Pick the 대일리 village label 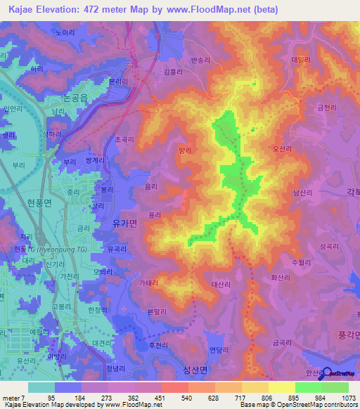pos(300,60)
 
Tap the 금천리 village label pos(327,108)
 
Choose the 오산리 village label pos(282,148)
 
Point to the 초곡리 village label pos(125,140)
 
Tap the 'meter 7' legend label pos(15,397)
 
